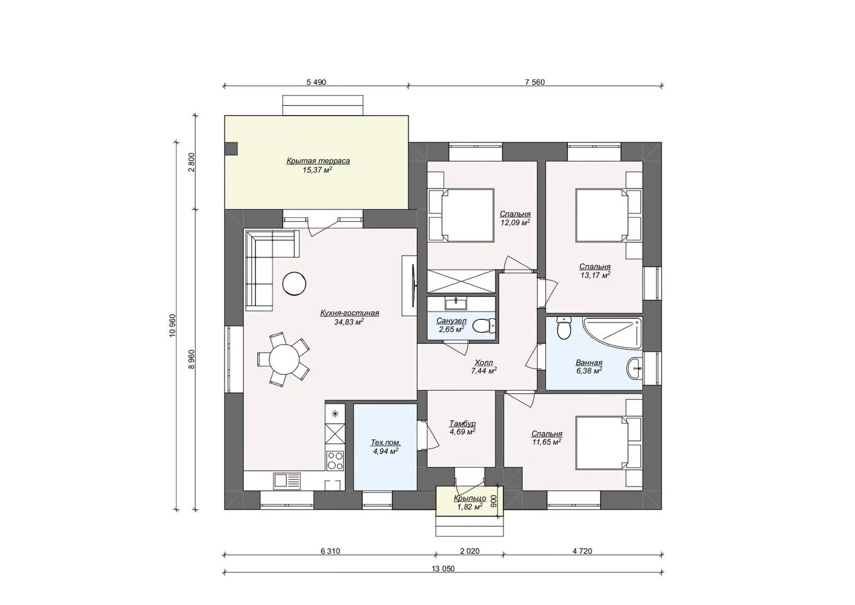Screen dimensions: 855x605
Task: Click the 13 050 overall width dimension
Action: pyautogui.click(x=443, y=569)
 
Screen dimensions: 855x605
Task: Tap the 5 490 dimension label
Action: pyautogui.click(x=316, y=82)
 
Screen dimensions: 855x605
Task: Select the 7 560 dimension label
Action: pyautogui.click(x=535, y=82)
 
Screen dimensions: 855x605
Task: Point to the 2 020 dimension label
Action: pyautogui.click(x=470, y=551)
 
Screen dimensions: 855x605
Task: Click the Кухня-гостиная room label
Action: pyautogui.click(x=349, y=313)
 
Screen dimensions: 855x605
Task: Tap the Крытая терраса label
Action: pyautogui.click(x=318, y=161)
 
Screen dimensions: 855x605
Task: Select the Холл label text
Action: pyautogui.click(x=484, y=362)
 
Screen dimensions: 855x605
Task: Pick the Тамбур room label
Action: pyautogui.click(x=462, y=424)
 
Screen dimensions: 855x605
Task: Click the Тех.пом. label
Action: pyautogui.click(x=386, y=442)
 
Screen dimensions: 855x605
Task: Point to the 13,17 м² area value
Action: pyautogui.click(x=595, y=275)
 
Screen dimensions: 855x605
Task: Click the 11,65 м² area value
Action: pyautogui.click(x=547, y=442)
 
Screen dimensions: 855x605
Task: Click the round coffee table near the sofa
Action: pyautogui.click(x=294, y=283)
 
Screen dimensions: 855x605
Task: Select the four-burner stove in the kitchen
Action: pyautogui.click(x=335, y=461)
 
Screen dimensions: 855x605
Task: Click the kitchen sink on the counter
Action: pyautogui.click(x=286, y=480)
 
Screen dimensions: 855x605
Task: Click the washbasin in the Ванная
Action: pyautogui.click(x=635, y=369)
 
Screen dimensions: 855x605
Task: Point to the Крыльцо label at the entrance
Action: pyautogui.click(x=470, y=499)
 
